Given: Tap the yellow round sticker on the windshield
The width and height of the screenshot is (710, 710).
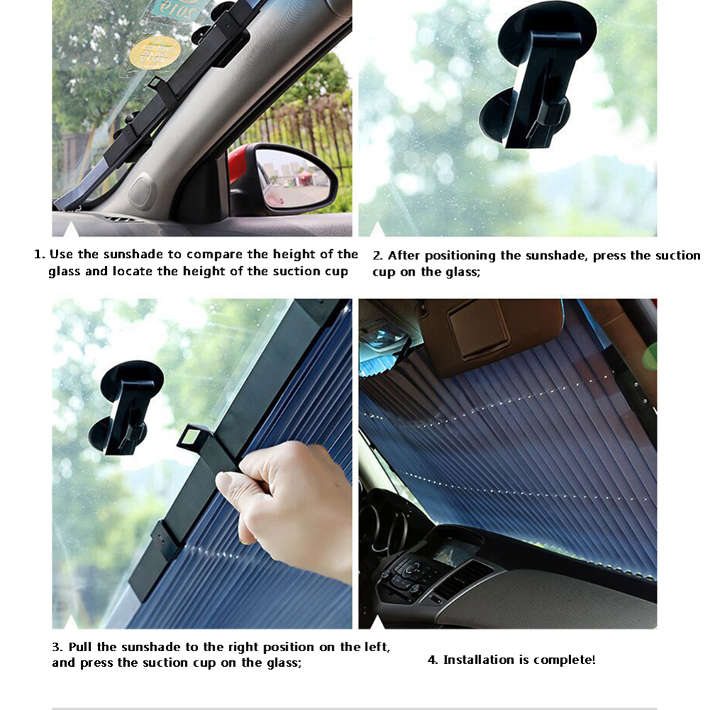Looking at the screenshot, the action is [155, 53].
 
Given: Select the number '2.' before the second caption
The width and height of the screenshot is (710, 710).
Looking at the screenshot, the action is [378, 256].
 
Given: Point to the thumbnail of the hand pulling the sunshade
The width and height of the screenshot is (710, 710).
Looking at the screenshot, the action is [202, 463].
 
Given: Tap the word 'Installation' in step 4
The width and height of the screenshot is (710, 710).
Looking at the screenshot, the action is [477, 660].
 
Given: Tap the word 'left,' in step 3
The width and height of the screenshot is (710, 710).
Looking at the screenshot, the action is [377, 647].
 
